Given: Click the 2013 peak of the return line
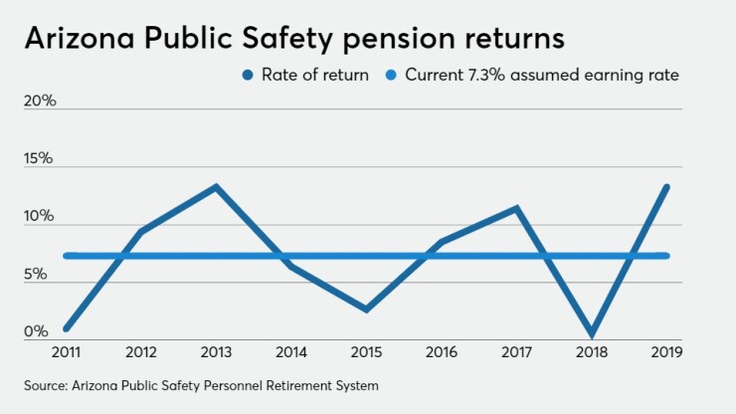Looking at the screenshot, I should [x=216, y=187].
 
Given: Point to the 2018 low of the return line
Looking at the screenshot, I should [x=593, y=333].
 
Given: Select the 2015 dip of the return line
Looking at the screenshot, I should [x=367, y=310].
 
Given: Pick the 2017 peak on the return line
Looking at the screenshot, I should [x=517, y=208].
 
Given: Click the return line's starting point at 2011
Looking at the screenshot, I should [x=66, y=327].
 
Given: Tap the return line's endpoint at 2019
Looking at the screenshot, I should [x=667, y=187].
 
